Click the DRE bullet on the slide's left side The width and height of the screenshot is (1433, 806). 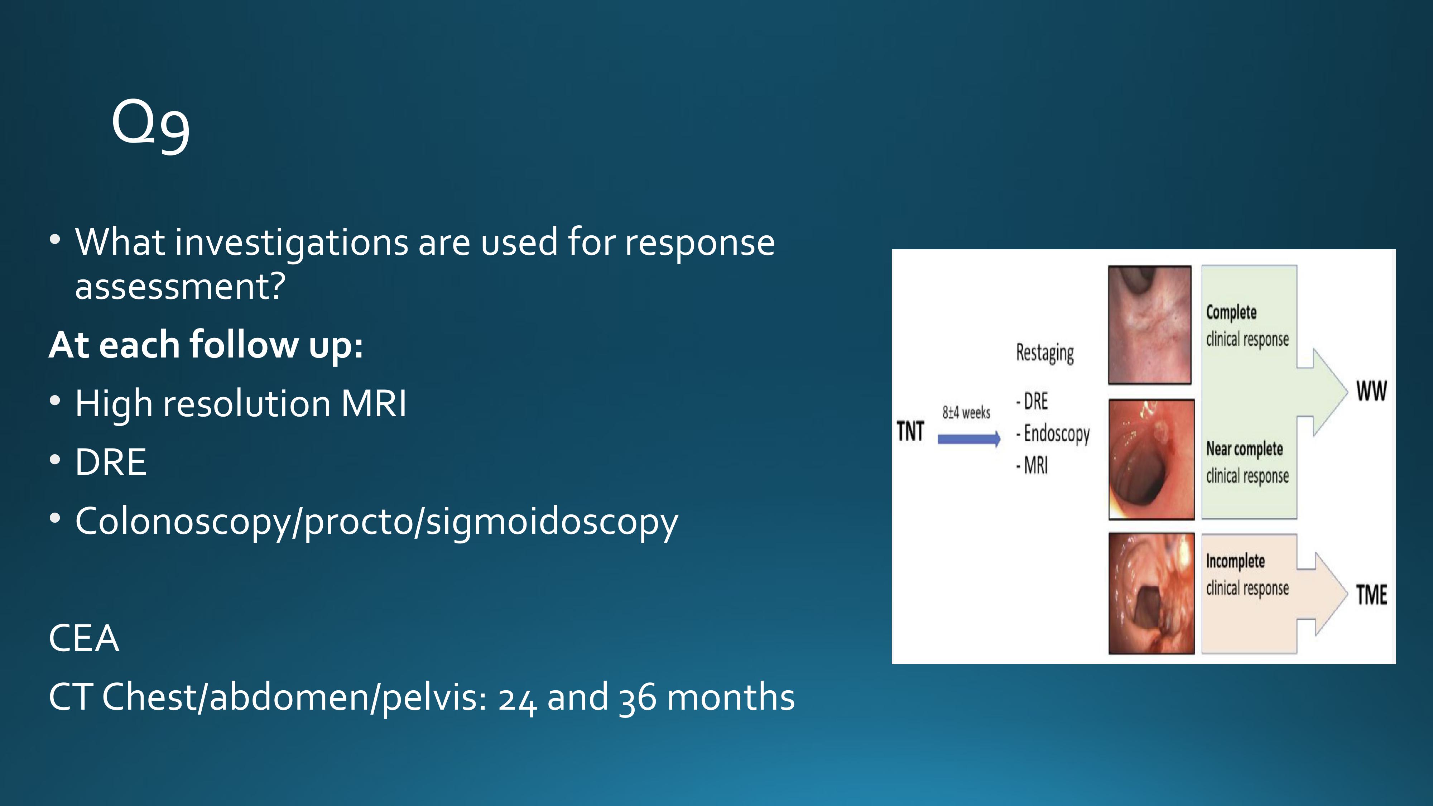(x=111, y=462)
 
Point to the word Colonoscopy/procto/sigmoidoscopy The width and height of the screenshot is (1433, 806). (x=377, y=522)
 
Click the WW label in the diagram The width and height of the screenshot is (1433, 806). (x=1371, y=391)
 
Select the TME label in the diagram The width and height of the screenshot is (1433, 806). (x=1371, y=595)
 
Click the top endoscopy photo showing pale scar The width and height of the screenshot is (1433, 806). (x=1150, y=325)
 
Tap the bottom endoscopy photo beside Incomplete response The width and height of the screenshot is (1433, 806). (x=1151, y=593)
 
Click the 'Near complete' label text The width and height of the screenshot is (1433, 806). (x=1244, y=449)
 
